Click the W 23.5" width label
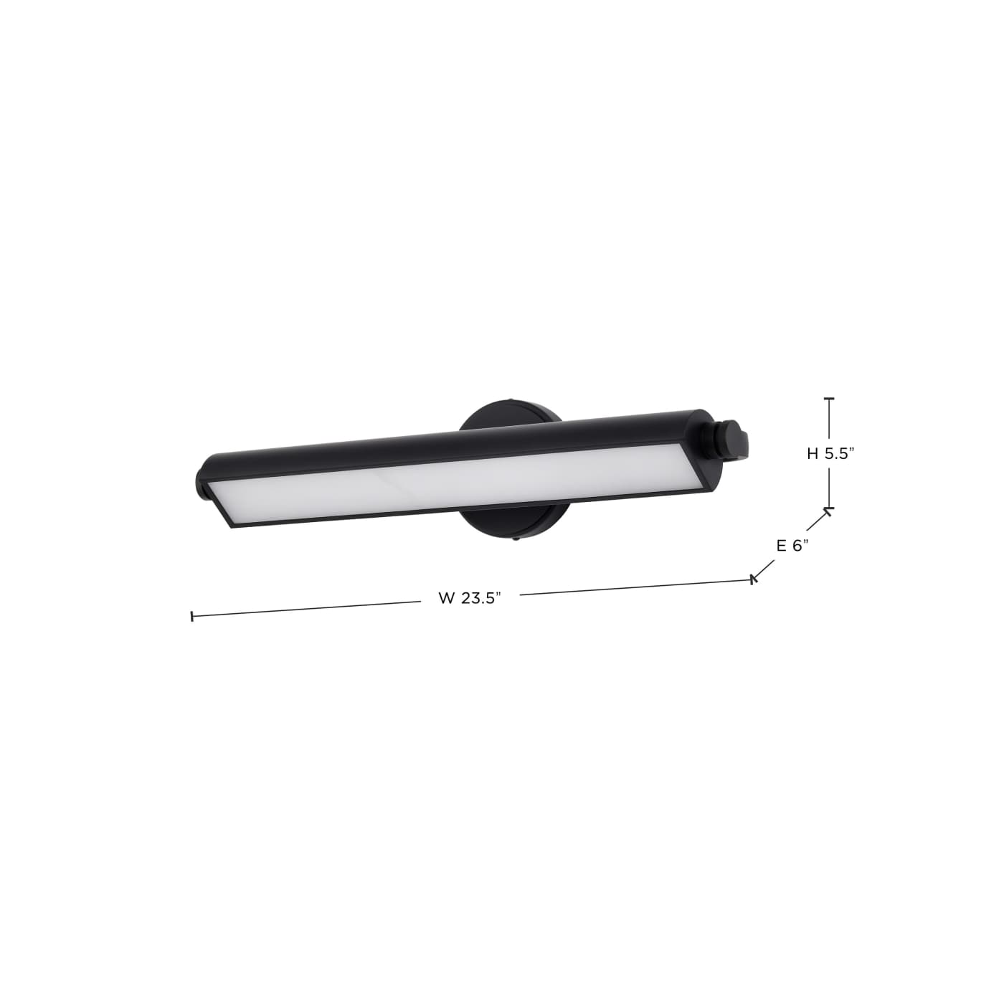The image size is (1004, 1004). tap(469, 598)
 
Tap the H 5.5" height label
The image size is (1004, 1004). tap(831, 453)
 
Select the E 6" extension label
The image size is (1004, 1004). tap(792, 545)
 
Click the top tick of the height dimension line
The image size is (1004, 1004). tap(830, 399)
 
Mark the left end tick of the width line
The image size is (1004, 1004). tap(192, 616)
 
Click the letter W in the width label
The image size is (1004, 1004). tap(445, 598)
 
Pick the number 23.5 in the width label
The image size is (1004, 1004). tap(480, 598)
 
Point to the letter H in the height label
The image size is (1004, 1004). tap(813, 453)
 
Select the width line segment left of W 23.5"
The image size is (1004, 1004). tap(308, 609)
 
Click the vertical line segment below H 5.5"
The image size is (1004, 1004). tap(830, 488)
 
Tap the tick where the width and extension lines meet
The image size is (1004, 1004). tap(753, 579)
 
